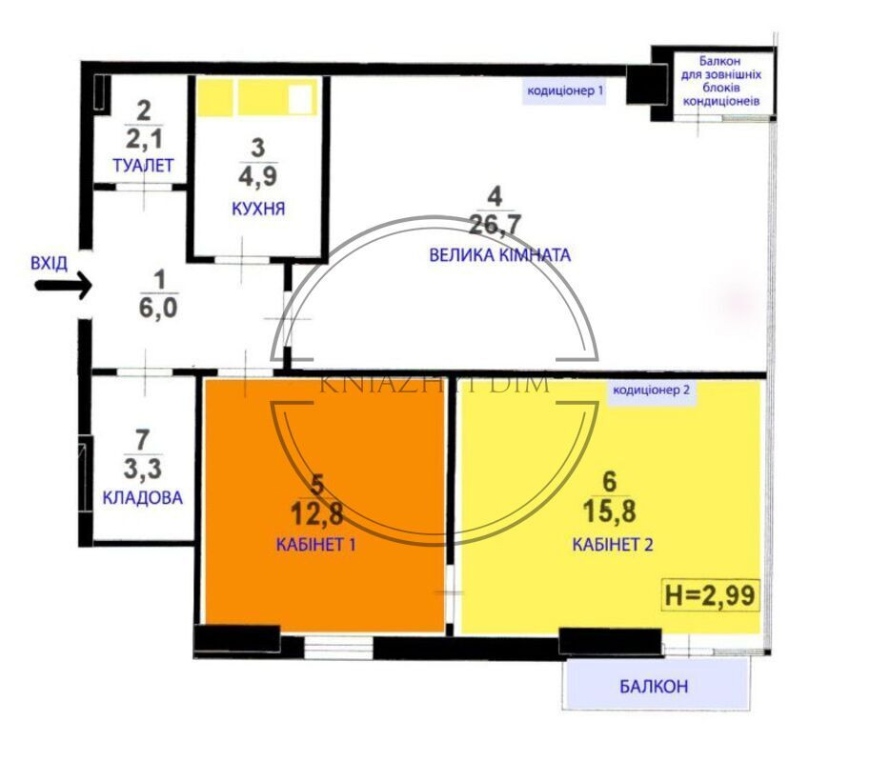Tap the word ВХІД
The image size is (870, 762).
[x=49, y=262]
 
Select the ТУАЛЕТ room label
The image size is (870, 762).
[x=143, y=166]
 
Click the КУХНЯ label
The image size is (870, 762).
[x=258, y=209]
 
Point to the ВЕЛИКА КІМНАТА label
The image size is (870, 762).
[x=499, y=254]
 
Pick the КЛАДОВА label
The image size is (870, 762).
[x=142, y=498]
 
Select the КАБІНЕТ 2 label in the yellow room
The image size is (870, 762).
[x=611, y=545]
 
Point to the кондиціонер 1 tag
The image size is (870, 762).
[x=565, y=91]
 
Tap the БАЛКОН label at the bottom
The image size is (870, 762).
[x=653, y=687]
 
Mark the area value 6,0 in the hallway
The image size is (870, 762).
[x=159, y=309]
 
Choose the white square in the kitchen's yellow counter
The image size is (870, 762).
[x=300, y=98]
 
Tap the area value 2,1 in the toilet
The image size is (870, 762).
[x=143, y=139]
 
